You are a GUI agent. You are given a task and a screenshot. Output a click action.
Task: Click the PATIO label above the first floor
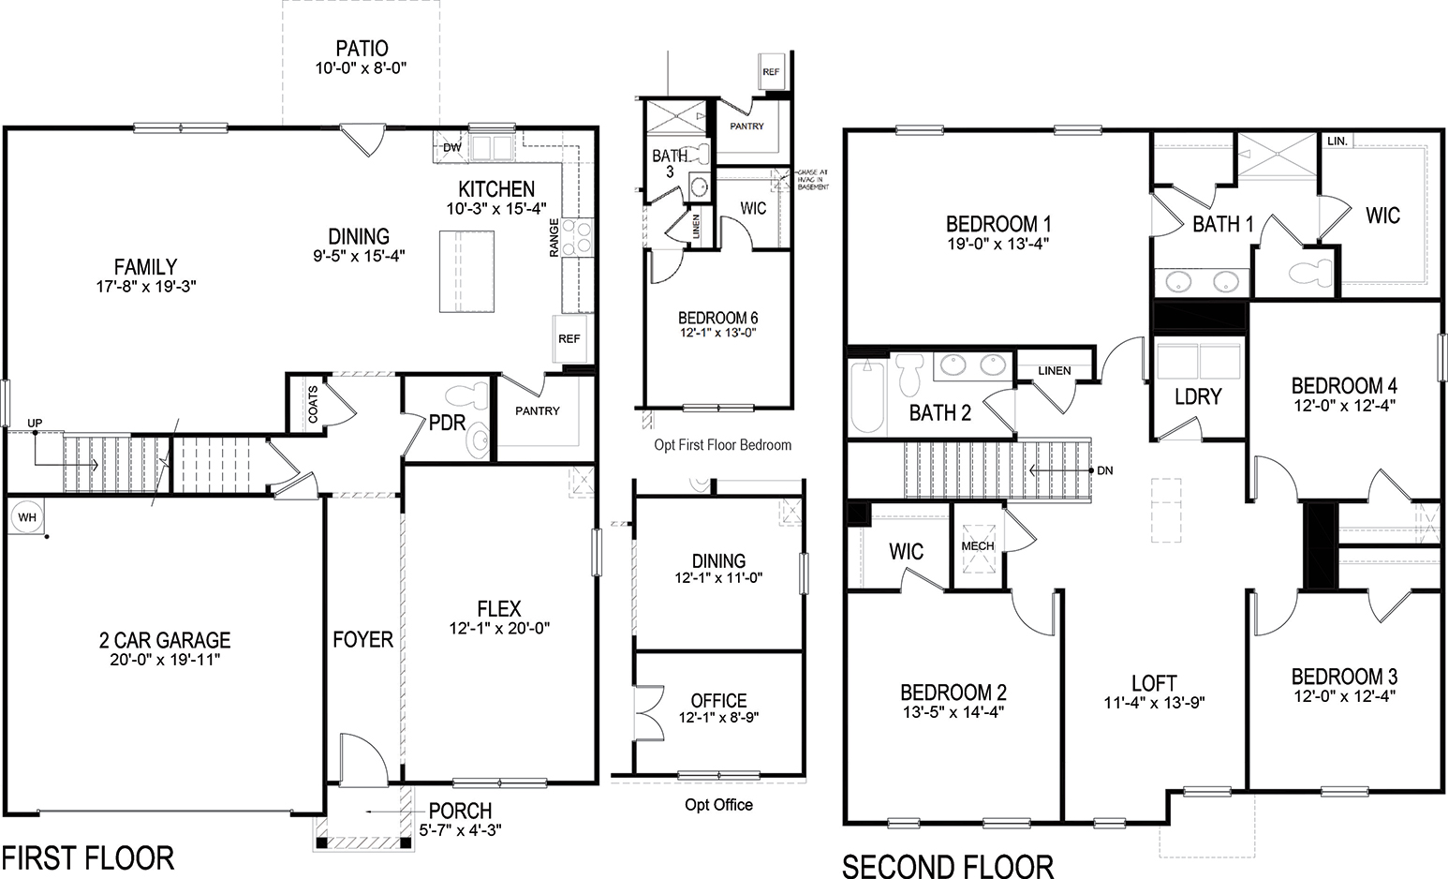pyautogui.click(x=362, y=48)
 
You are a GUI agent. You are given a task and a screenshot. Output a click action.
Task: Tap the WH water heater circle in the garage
pyautogui.click(x=26, y=517)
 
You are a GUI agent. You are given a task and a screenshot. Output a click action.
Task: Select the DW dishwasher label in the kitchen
pyautogui.click(x=451, y=147)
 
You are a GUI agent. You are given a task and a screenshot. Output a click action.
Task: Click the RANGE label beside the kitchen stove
pyautogui.click(x=554, y=237)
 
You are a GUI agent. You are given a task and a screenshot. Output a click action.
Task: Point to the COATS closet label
pyautogui.click(x=313, y=404)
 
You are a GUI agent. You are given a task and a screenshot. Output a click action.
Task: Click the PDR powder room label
pyautogui.click(x=447, y=424)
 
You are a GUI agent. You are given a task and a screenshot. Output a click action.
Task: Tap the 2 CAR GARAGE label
pyautogui.click(x=165, y=640)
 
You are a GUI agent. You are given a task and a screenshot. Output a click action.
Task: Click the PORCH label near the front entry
pyautogui.click(x=460, y=811)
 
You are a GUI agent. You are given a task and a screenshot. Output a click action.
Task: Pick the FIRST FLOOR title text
pyautogui.click(x=87, y=857)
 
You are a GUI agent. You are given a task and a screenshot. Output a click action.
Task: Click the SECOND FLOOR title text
pyautogui.click(x=948, y=865)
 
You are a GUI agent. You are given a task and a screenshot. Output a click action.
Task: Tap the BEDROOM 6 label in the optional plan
pyautogui.click(x=718, y=318)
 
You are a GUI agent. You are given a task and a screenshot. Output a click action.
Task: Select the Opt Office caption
pyautogui.click(x=718, y=804)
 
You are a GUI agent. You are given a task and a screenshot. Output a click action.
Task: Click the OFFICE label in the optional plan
pyautogui.click(x=718, y=700)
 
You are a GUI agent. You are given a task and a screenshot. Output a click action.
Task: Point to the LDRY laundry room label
pyautogui.click(x=1198, y=396)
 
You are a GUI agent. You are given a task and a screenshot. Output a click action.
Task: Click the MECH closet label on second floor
pyautogui.click(x=978, y=545)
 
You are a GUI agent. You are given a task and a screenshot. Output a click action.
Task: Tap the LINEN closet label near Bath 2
pyautogui.click(x=1055, y=370)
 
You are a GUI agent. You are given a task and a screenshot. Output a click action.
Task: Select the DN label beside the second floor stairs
pyautogui.click(x=1105, y=470)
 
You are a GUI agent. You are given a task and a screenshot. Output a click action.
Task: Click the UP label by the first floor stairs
pyautogui.click(x=35, y=424)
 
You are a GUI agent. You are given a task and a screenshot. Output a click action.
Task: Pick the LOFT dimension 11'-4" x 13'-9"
pyautogui.click(x=1154, y=704)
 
